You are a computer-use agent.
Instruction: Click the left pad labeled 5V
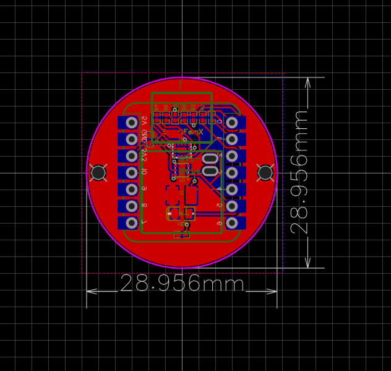coord(131,123)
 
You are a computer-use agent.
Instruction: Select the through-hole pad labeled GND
coord(131,139)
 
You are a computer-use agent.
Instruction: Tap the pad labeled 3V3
coord(131,156)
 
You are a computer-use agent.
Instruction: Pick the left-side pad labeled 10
coord(131,172)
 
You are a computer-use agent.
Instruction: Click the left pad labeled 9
coord(131,189)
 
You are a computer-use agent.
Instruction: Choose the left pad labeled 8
coord(131,206)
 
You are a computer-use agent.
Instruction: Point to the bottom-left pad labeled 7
coord(131,222)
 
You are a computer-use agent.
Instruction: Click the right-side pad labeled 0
coord(233,123)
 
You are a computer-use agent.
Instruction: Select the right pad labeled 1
coord(233,139)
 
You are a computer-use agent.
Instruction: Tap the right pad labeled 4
coord(233,189)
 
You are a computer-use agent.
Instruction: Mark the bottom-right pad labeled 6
coord(233,222)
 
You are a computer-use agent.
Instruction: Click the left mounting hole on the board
coord(98,173)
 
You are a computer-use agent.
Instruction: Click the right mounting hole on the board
coord(265,173)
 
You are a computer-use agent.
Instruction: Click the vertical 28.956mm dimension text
coord(300,173)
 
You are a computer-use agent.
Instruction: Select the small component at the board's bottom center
coord(181,235)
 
